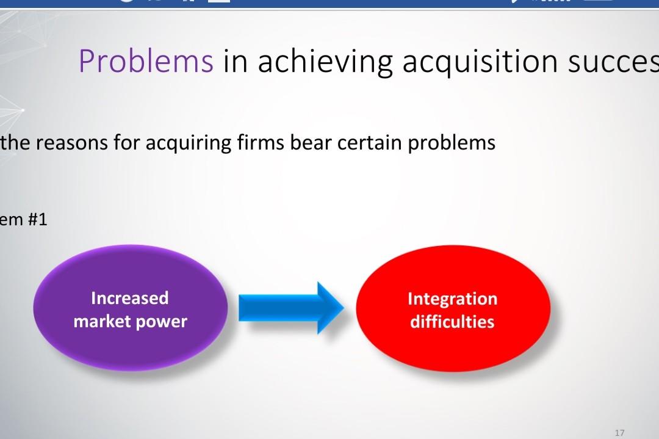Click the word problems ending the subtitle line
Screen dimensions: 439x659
click(452, 143)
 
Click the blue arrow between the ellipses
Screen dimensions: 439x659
click(290, 307)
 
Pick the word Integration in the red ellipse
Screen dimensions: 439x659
click(452, 299)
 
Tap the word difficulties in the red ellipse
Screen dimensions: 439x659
click(452, 322)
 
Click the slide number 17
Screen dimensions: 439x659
click(620, 432)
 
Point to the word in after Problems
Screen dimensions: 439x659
click(235, 61)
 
